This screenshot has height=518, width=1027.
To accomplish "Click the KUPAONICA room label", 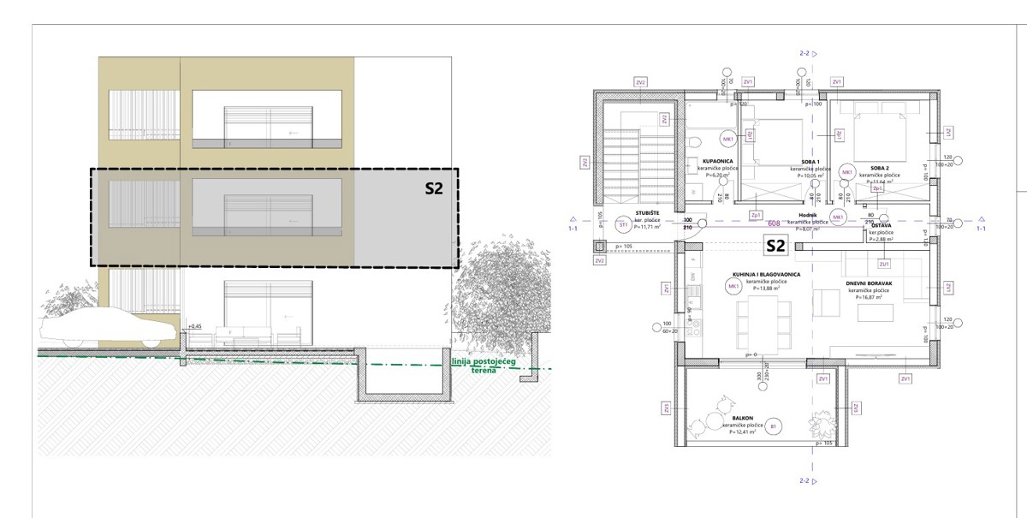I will click(715, 161).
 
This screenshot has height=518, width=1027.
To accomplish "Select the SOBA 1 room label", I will click(810, 162).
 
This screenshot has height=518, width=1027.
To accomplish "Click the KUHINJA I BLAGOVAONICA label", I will click(765, 275).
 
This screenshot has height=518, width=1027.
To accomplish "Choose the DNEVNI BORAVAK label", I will click(870, 283).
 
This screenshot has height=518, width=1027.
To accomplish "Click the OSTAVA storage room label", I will click(882, 226).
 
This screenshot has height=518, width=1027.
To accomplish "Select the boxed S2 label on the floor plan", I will click(775, 246).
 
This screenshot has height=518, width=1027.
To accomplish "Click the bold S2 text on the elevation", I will click(434, 190).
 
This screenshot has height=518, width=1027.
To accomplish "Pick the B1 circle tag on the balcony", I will click(773, 426).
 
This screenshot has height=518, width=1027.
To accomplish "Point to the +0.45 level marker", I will click(194, 326).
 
